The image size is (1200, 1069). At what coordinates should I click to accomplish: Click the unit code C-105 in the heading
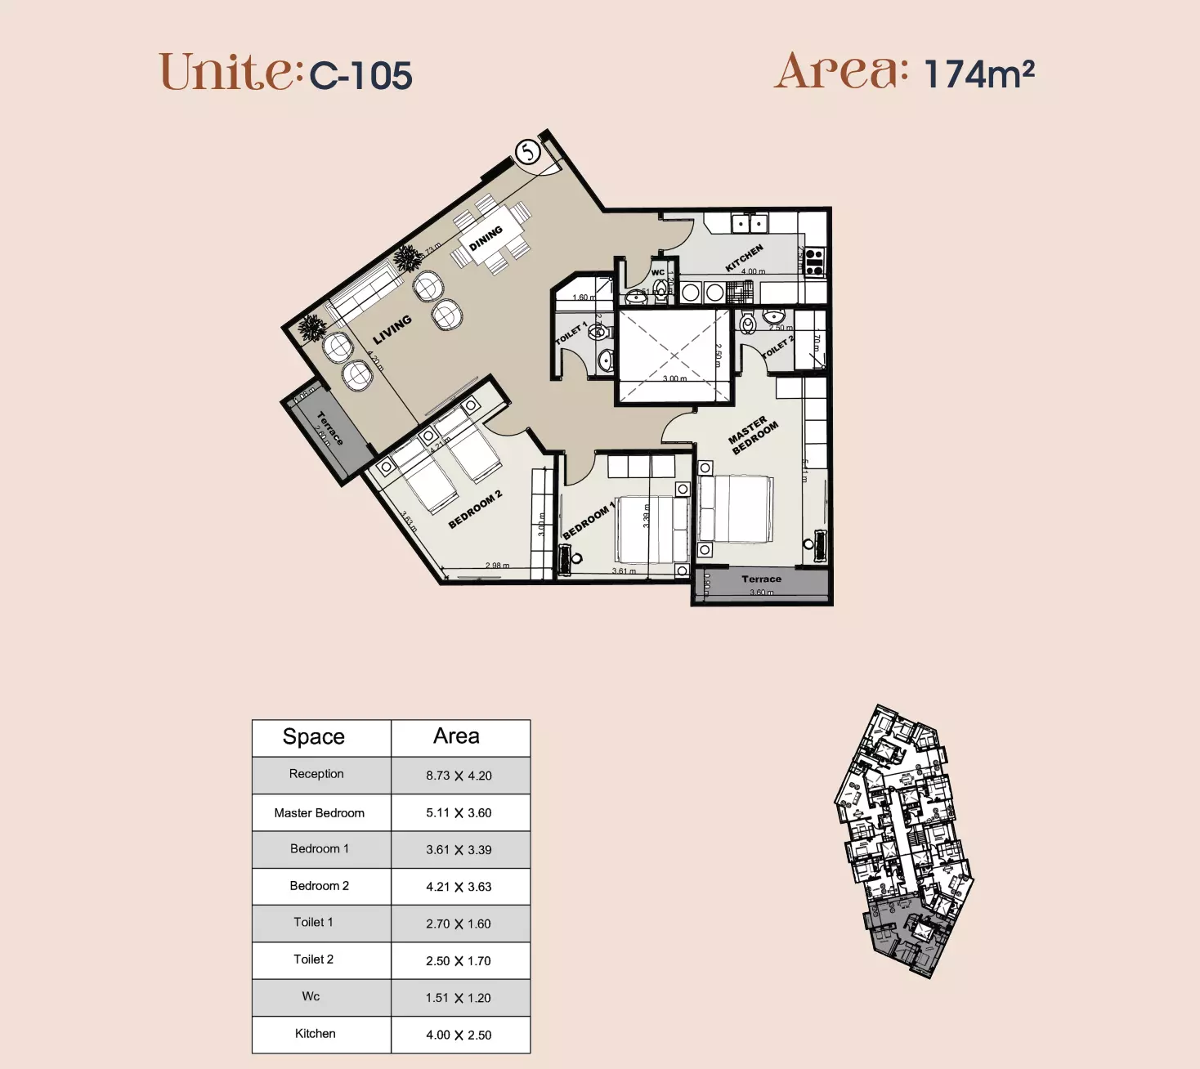pyautogui.click(x=360, y=76)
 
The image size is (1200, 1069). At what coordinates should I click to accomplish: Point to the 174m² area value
pyautogui.click(x=978, y=74)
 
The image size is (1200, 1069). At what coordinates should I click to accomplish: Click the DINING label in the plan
pyautogui.click(x=486, y=239)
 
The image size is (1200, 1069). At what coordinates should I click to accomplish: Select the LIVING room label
pyautogui.click(x=392, y=329)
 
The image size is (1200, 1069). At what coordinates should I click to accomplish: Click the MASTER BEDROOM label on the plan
pyautogui.click(x=753, y=436)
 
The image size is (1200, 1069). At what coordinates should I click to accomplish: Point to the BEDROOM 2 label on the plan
pyautogui.click(x=475, y=510)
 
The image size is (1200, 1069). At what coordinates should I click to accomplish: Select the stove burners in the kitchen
pyautogui.click(x=813, y=261)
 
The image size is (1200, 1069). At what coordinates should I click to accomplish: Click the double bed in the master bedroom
pyautogui.click(x=735, y=509)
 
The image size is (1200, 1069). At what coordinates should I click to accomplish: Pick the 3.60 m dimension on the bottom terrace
pyautogui.click(x=761, y=593)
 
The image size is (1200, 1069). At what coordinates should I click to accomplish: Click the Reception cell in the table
pyautogui.click(x=316, y=774)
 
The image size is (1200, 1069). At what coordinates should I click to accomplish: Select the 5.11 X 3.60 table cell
pyautogui.click(x=459, y=813)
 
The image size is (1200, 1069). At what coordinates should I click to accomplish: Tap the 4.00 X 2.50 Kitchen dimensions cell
pyautogui.click(x=459, y=1035)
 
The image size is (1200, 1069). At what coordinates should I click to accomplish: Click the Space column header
pyautogui.click(x=314, y=737)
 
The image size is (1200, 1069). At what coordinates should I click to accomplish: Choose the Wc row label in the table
pyautogui.click(x=311, y=997)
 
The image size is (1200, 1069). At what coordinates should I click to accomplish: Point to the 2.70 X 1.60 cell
pyautogui.click(x=459, y=924)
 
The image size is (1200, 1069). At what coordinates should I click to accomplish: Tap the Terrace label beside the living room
pyautogui.click(x=329, y=427)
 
